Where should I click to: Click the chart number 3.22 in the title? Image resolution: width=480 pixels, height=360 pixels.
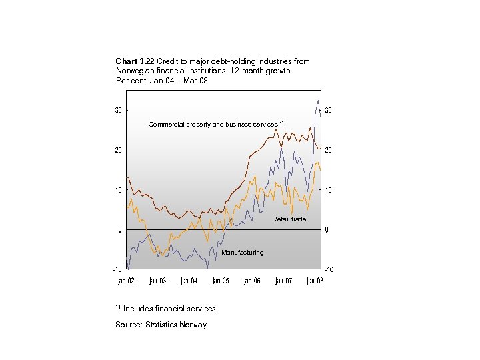click(147, 61)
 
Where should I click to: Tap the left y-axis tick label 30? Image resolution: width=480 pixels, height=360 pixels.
click(118, 110)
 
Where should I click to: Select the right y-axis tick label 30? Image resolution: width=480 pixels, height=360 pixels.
click(329, 110)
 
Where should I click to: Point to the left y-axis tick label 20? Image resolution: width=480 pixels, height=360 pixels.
click(118, 150)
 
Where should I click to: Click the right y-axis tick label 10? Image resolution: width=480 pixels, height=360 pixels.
click(329, 190)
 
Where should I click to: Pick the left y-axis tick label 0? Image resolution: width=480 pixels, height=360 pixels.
click(120, 230)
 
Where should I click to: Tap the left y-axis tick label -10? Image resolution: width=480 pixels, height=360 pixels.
click(117, 269)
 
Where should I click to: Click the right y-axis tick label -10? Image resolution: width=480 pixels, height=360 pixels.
click(329, 269)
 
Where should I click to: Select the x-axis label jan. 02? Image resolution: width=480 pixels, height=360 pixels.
click(126, 281)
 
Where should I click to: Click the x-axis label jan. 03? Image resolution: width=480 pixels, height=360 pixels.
click(158, 281)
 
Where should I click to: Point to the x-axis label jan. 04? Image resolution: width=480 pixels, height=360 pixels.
click(189, 281)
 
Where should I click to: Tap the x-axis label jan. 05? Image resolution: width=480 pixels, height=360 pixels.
click(221, 281)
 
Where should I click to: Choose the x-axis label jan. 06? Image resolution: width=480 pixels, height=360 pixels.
click(252, 281)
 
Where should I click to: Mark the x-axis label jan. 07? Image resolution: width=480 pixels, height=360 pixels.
click(283, 281)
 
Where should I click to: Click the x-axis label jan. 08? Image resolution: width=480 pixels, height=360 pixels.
click(315, 281)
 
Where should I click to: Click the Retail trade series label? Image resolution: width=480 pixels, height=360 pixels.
click(289, 219)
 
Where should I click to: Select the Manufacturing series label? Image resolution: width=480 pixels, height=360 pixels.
click(242, 253)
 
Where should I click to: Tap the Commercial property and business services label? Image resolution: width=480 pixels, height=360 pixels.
click(213, 125)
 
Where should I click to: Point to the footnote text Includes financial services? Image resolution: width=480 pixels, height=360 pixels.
click(169, 309)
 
